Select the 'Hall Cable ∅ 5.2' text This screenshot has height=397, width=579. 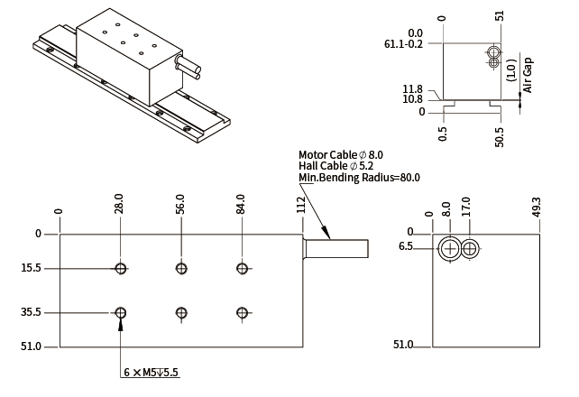click(335, 166)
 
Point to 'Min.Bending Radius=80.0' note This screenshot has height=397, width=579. click(359, 178)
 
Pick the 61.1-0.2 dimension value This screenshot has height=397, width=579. click(403, 44)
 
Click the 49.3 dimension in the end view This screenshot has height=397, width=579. click(537, 208)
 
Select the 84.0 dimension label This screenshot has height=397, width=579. click(241, 204)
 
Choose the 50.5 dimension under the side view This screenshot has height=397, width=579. click(500, 134)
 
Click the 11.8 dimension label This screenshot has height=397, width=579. click(413, 88)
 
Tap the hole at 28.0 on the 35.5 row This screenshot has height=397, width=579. click(121, 312)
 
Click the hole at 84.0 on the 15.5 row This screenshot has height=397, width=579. click(242, 268)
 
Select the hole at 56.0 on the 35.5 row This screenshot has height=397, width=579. click(181, 312)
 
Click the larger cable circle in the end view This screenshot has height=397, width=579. click(450, 248)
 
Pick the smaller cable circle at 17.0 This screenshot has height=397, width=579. click(471, 248)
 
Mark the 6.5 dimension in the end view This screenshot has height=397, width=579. click(406, 246)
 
